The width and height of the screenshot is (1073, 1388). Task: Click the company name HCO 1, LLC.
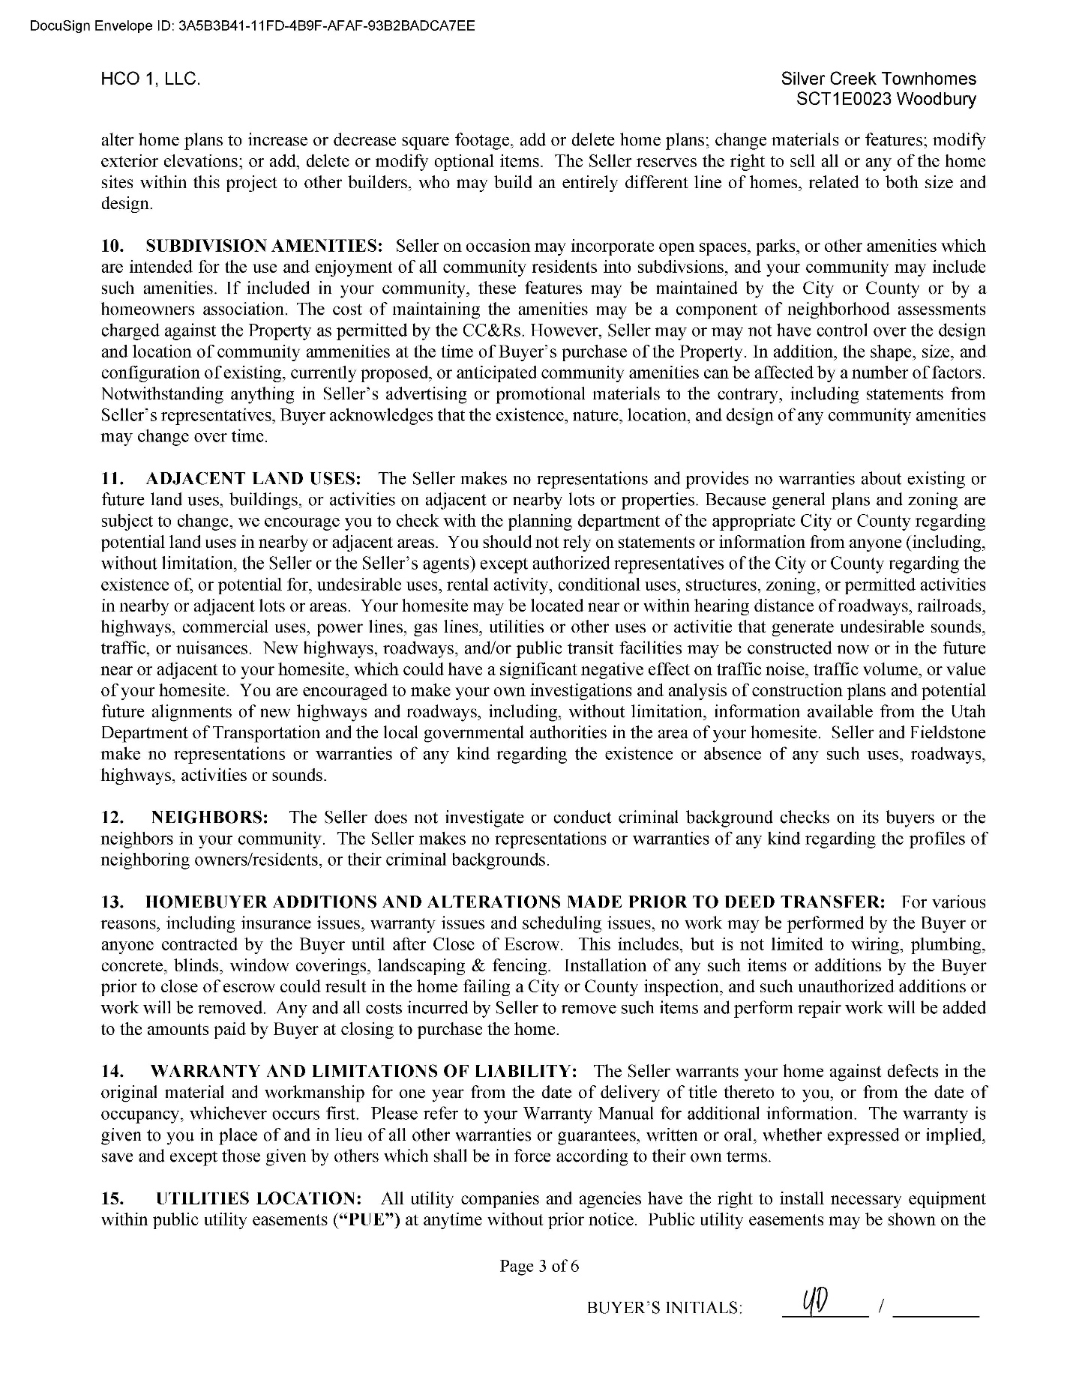(x=150, y=79)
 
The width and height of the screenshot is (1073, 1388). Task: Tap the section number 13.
(x=112, y=902)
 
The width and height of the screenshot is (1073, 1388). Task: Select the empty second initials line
(x=937, y=1310)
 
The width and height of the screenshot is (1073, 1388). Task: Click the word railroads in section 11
(x=950, y=606)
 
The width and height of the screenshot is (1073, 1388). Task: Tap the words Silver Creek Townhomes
(x=878, y=79)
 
